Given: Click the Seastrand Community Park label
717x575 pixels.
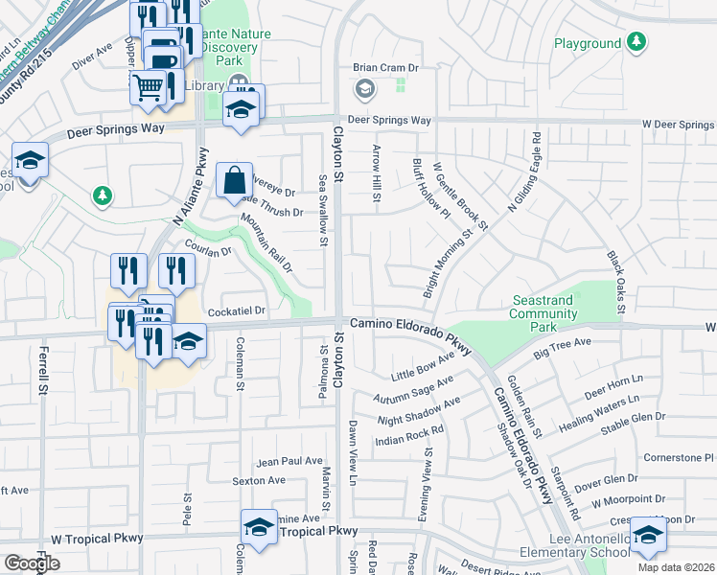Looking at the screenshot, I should coord(542,313).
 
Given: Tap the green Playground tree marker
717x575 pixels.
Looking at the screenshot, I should coord(636,42).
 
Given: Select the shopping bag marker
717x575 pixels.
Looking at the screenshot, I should coord(234,179).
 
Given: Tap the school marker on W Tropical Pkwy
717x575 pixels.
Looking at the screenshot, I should coord(259,528).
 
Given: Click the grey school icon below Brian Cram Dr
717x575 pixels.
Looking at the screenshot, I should coord(364,90).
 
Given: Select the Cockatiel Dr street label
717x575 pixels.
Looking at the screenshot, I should coord(236,311).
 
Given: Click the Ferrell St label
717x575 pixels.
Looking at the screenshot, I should coord(43,373).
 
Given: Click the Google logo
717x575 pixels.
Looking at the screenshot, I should coord(32,563).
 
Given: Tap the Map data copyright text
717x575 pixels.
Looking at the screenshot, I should coord(677,567).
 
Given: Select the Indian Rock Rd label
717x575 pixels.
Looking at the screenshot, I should coord(410,435).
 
